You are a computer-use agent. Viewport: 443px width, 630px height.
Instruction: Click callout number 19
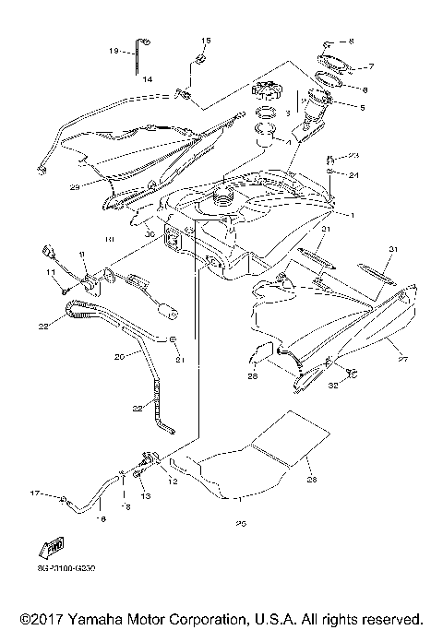[x=115, y=51]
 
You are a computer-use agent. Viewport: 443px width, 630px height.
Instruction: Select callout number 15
[x=206, y=41]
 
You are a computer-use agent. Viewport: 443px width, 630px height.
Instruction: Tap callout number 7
[x=369, y=67]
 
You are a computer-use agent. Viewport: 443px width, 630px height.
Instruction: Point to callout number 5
[x=362, y=107]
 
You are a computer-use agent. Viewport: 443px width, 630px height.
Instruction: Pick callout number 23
[x=353, y=155]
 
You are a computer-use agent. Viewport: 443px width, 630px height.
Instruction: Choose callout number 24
[x=353, y=173]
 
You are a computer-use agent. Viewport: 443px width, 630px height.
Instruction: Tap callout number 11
[x=53, y=274]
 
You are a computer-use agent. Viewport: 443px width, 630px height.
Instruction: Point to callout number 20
[x=119, y=355]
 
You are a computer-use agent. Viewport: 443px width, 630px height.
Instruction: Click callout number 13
[x=144, y=496]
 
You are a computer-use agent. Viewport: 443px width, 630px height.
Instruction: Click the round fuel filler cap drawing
[x=266, y=95]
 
